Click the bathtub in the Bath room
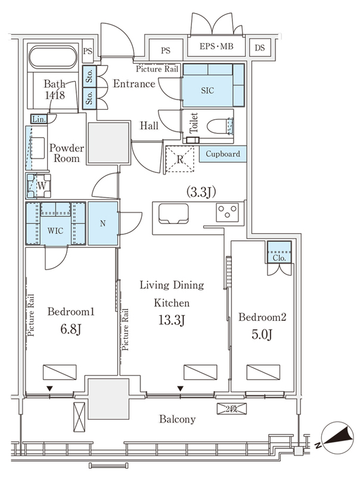pos(53,58)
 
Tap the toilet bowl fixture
pos(220,126)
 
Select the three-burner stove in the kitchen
pos(228,212)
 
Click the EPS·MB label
pos(216,47)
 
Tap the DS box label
pos(259,48)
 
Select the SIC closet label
pos(207,91)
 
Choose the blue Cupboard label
pos(223,154)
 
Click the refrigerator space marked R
pos(179,159)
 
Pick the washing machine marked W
pos(39,186)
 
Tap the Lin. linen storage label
pos(39,119)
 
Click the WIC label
pos(55,231)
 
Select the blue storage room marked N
pos(103,223)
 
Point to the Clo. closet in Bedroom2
pos(279,252)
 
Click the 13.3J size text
pos(172,320)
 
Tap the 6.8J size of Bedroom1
pos(70,329)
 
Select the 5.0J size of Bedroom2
pos(262,334)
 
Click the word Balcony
pos(177,420)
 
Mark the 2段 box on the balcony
pos(232,409)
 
